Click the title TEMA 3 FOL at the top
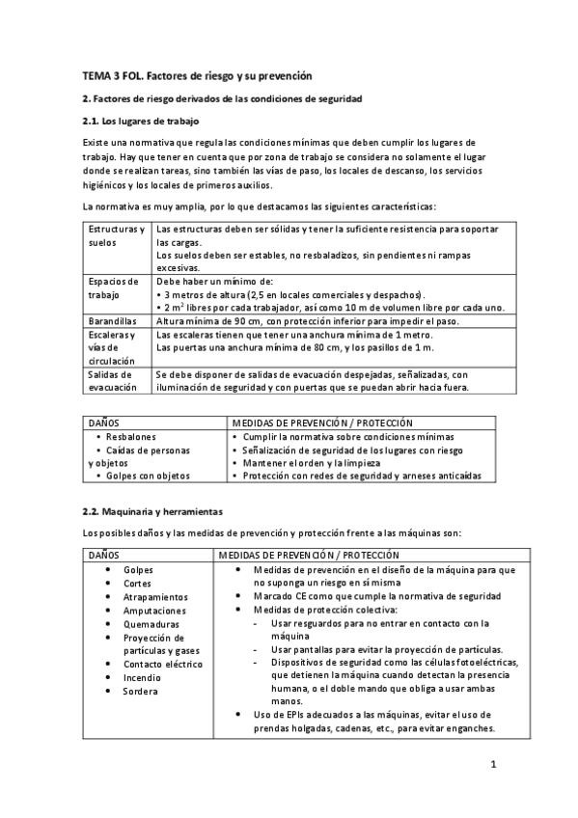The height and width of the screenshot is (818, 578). [197, 75]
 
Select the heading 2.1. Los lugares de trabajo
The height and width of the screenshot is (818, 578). [140, 122]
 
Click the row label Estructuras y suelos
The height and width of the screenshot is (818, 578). [116, 236]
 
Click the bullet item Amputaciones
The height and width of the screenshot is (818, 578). [154, 611]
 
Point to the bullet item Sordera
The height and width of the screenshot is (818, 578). [141, 691]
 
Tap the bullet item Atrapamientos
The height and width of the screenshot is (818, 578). [155, 597]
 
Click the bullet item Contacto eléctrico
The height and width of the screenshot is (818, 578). [163, 664]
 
